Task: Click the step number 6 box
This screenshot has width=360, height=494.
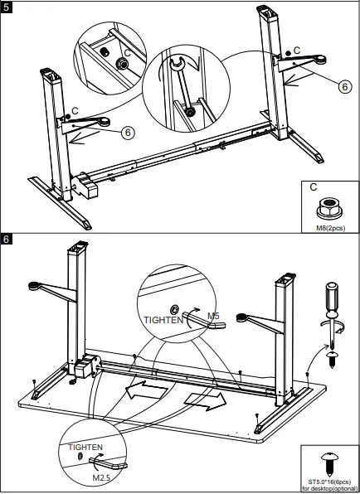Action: click(x=8, y=240)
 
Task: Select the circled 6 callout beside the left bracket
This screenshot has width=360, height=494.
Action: click(x=128, y=132)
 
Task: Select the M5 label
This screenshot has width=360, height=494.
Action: click(x=212, y=316)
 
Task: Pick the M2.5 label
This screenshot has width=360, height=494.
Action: click(x=102, y=477)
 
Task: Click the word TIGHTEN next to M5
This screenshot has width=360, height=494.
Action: click(x=162, y=319)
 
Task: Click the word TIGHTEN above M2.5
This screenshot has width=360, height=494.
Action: click(x=85, y=448)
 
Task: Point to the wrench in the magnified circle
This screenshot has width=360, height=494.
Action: click(x=182, y=91)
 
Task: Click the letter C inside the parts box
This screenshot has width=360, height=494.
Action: click(x=314, y=188)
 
